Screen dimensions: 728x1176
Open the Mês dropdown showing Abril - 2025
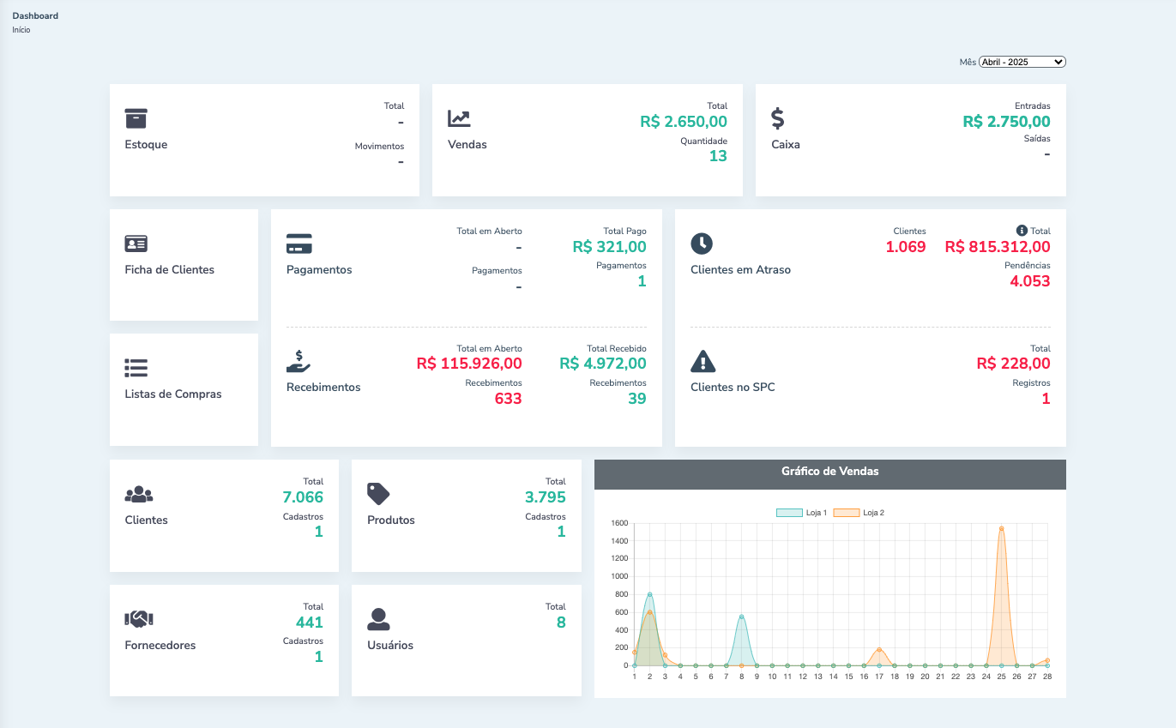pos(1022,62)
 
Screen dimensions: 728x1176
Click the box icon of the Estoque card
pos(136,118)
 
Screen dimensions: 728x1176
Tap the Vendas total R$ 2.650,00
pos(684,122)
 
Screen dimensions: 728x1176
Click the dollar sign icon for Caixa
pos(778,118)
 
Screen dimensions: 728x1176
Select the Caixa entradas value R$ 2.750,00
pos(1006,122)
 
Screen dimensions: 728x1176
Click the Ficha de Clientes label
pos(169,269)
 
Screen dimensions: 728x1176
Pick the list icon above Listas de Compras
pos(136,368)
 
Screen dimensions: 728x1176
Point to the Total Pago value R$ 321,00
pos(609,247)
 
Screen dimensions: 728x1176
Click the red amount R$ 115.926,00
pos(469,364)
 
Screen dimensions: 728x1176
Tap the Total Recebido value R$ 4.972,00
pos(603,364)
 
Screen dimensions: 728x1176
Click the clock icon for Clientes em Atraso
pos(702,244)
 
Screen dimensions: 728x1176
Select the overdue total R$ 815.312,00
pos(998,247)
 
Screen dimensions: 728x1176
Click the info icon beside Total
pos(1022,231)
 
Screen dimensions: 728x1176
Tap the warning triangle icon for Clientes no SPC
pos(703,361)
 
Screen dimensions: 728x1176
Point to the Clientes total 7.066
pos(303,497)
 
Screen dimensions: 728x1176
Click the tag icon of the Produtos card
pos(378,493)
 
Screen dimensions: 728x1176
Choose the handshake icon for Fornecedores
pos(139,618)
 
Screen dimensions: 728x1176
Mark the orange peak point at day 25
pos(1001,528)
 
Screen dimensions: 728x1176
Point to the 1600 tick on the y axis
pos(619,523)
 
